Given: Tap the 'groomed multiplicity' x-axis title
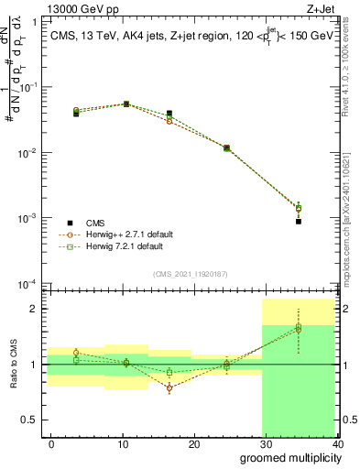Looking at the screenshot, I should (288, 457).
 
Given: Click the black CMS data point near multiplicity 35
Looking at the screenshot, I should (299, 221).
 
